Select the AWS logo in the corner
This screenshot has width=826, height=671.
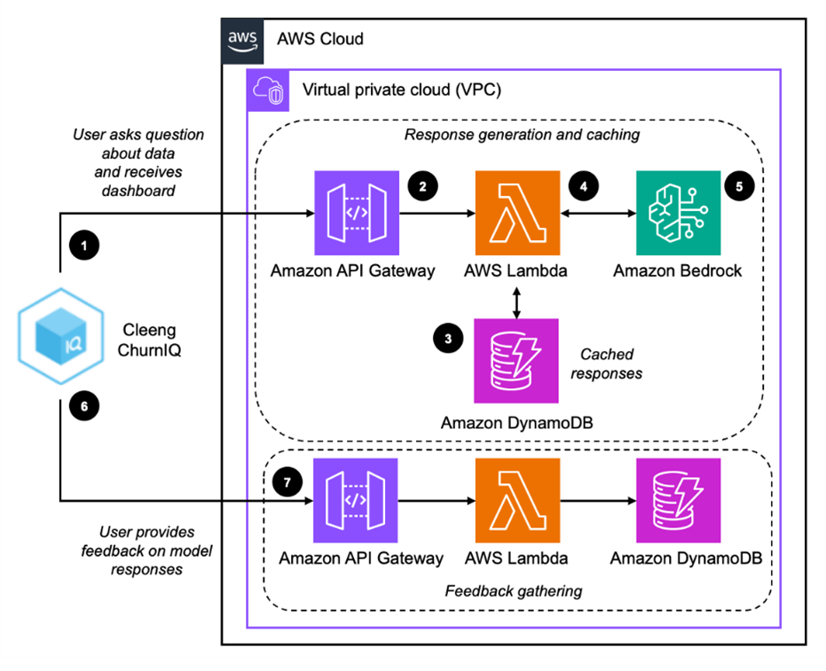pyautogui.click(x=241, y=40)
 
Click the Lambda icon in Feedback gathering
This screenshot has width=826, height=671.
pyautogui.click(x=516, y=500)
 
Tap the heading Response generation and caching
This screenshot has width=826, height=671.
pyautogui.click(x=512, y=135)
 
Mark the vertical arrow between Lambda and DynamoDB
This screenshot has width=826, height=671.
pyautogui.click(x=516, y=300)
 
